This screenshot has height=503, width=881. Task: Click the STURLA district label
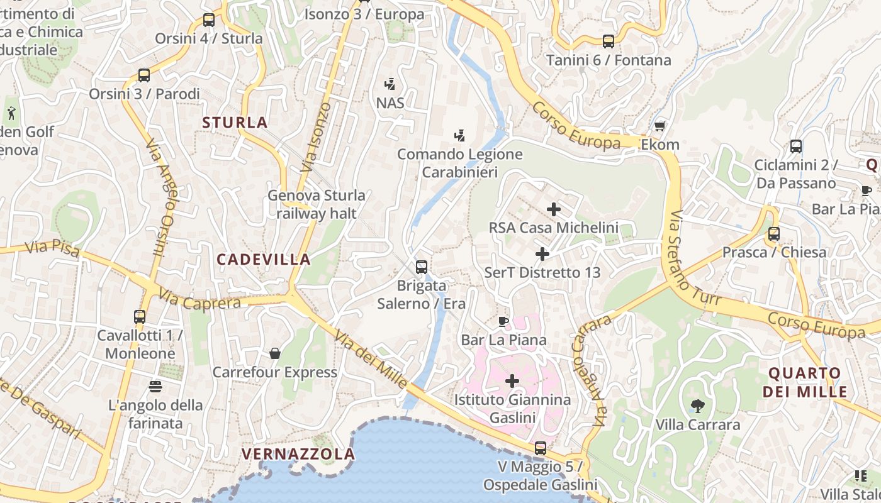pyautogui.click(x=235, y=123)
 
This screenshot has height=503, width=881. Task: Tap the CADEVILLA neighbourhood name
pyautogui.click(x=264, y=259)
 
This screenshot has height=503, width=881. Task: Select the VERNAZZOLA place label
pyautogui.click(x=298, y=454)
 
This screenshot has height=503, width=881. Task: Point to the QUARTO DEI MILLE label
pyautogui.click(x=805, y=382)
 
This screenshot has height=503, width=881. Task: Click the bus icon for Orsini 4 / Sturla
pyautogui.click(x=209, y=20)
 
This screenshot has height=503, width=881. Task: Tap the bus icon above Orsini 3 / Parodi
pyautogui.click(x=144, y=75)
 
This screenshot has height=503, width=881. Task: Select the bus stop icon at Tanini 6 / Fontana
pyautogui.click(x=608, y=41)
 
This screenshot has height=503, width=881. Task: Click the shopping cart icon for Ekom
pyautogui.click(x=660, y=126)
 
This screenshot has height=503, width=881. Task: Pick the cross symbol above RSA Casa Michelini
pyautogui.click(x=554, y=209)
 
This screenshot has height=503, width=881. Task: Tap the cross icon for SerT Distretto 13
pyautogui.click(x=542, y=254)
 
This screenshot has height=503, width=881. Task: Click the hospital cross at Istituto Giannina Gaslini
pyautogui.click(x=512, y=381)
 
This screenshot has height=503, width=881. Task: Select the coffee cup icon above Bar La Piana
pyautogui.click(x=503, y=322)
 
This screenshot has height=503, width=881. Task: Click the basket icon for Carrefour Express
pyautogui.click(x=275, y=353)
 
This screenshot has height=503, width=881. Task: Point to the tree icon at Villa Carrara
pyautogui.click(x=697, y=406)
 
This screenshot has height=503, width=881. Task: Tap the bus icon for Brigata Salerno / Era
pyautogui.click(x=422, y=267)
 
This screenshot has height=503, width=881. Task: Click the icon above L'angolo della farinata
pyautogui.click(x=155, y=386)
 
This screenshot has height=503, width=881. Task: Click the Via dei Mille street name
pyautogui.click(x=371, y=358)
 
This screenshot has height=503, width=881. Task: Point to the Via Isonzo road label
pyautogui.click(x=317, y=138)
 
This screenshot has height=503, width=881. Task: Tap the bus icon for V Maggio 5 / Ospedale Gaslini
pyautogui.click(x=540, y=448)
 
